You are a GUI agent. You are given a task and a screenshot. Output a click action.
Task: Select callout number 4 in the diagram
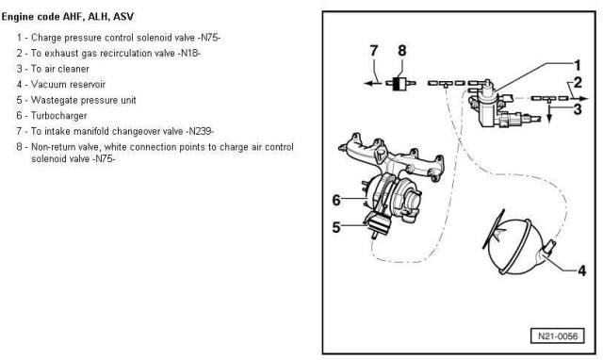pyautogui.click(x=581, y=271)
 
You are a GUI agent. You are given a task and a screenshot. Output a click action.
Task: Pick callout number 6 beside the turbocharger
pyautogui.click(x=335, y=199)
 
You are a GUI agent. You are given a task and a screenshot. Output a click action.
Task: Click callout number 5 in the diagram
pyautogui.click(x=335, y=226)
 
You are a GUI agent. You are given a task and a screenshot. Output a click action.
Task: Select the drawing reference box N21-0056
pyautogui.click(x=556, y=335)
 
